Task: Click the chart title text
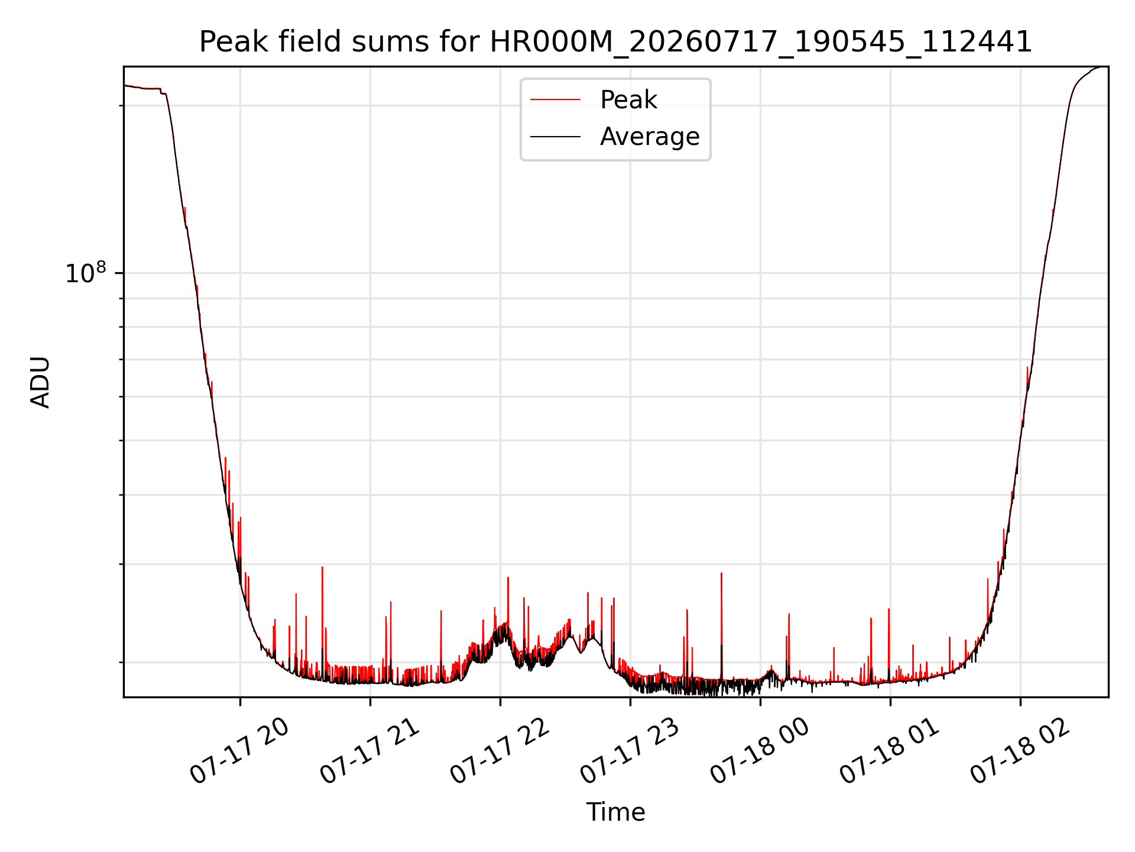pyautogui.click(x=615, y=42)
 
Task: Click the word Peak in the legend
pyautogui.click(x=628, y=100)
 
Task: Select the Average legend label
pyautogui.click(x=650, y=137)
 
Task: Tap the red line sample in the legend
pyautogui.click(x=556, y=100)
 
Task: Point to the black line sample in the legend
pyautogui.click(x=556, y=137)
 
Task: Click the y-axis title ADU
pyautogui.click(x=40, y=382)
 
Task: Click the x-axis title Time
pyautogui.click(x=615, y=812)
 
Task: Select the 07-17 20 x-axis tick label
pyautogui.click(x=239, y=751)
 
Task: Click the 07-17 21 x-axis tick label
pyautogui.click(x=369, y=751)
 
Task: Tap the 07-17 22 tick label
pyautogui.click(x=500, y=751)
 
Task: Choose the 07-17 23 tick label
pyautogui.click(x=630, y=751)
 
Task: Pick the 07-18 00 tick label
pyautogui.click(x=760, y=751)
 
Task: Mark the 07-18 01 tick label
pyautogui.click(x=890, y=751)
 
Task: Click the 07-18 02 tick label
pyautogui.click(x=1020, y=751)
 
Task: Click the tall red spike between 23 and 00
pyautogui.click(x=721, y=573)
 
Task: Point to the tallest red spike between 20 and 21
pyautogui.click(x=322, y=567)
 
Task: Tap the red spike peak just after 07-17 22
pyautogui.click(x=508, y=577)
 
